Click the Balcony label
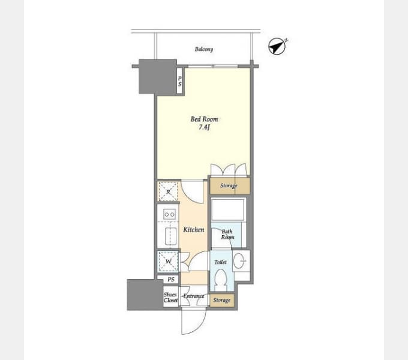click(204, 49)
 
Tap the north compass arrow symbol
click(277, 46)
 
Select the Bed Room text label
click(204, 119)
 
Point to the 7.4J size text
click(204, 127)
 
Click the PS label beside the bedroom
click(180, 82)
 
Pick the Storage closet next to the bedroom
click(230, 185)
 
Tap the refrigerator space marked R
click(168, 192)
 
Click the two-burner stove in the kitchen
click(169, 214)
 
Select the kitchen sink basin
click(170, 236)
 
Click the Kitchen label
click(194, 230)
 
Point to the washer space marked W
click(168, 262)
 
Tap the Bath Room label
click(227, 234)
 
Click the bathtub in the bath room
click(228, 209)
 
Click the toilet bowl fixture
click(221, 280)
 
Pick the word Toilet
click(220, 262)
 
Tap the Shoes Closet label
click(170, 298)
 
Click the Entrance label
click(194, 296)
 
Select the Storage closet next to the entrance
click(222, 300)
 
